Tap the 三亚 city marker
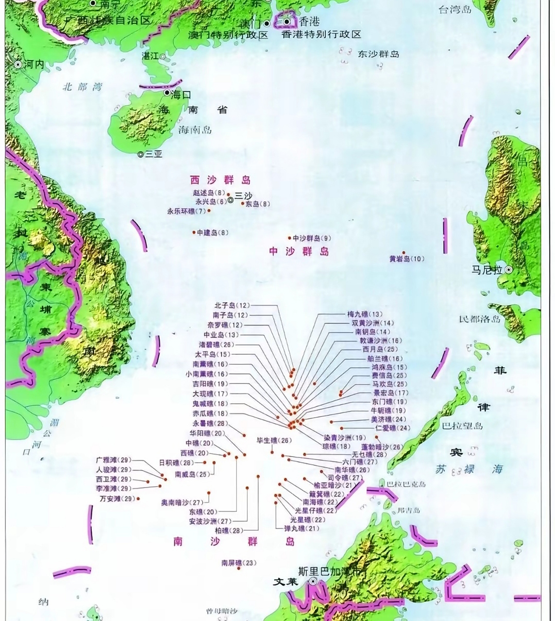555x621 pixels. click(140, 154)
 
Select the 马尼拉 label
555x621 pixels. click(487, 270)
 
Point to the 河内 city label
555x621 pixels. click(34, 64)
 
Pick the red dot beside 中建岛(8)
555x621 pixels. click(194, 233)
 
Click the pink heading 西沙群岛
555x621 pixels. click(220, 180)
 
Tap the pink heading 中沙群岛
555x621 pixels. click(299, 251)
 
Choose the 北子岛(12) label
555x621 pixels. click(232, 306)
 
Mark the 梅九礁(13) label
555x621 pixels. click(365, 314)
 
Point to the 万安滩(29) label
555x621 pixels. click(117, 498)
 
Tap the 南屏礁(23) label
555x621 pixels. click(238, 563)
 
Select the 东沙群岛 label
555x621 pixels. click(378, 54)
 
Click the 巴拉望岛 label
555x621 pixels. click(462, 426)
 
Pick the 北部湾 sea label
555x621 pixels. click(83, 87)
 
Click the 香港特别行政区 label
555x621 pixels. click(321, 34)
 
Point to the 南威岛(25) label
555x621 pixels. click(193, 474)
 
